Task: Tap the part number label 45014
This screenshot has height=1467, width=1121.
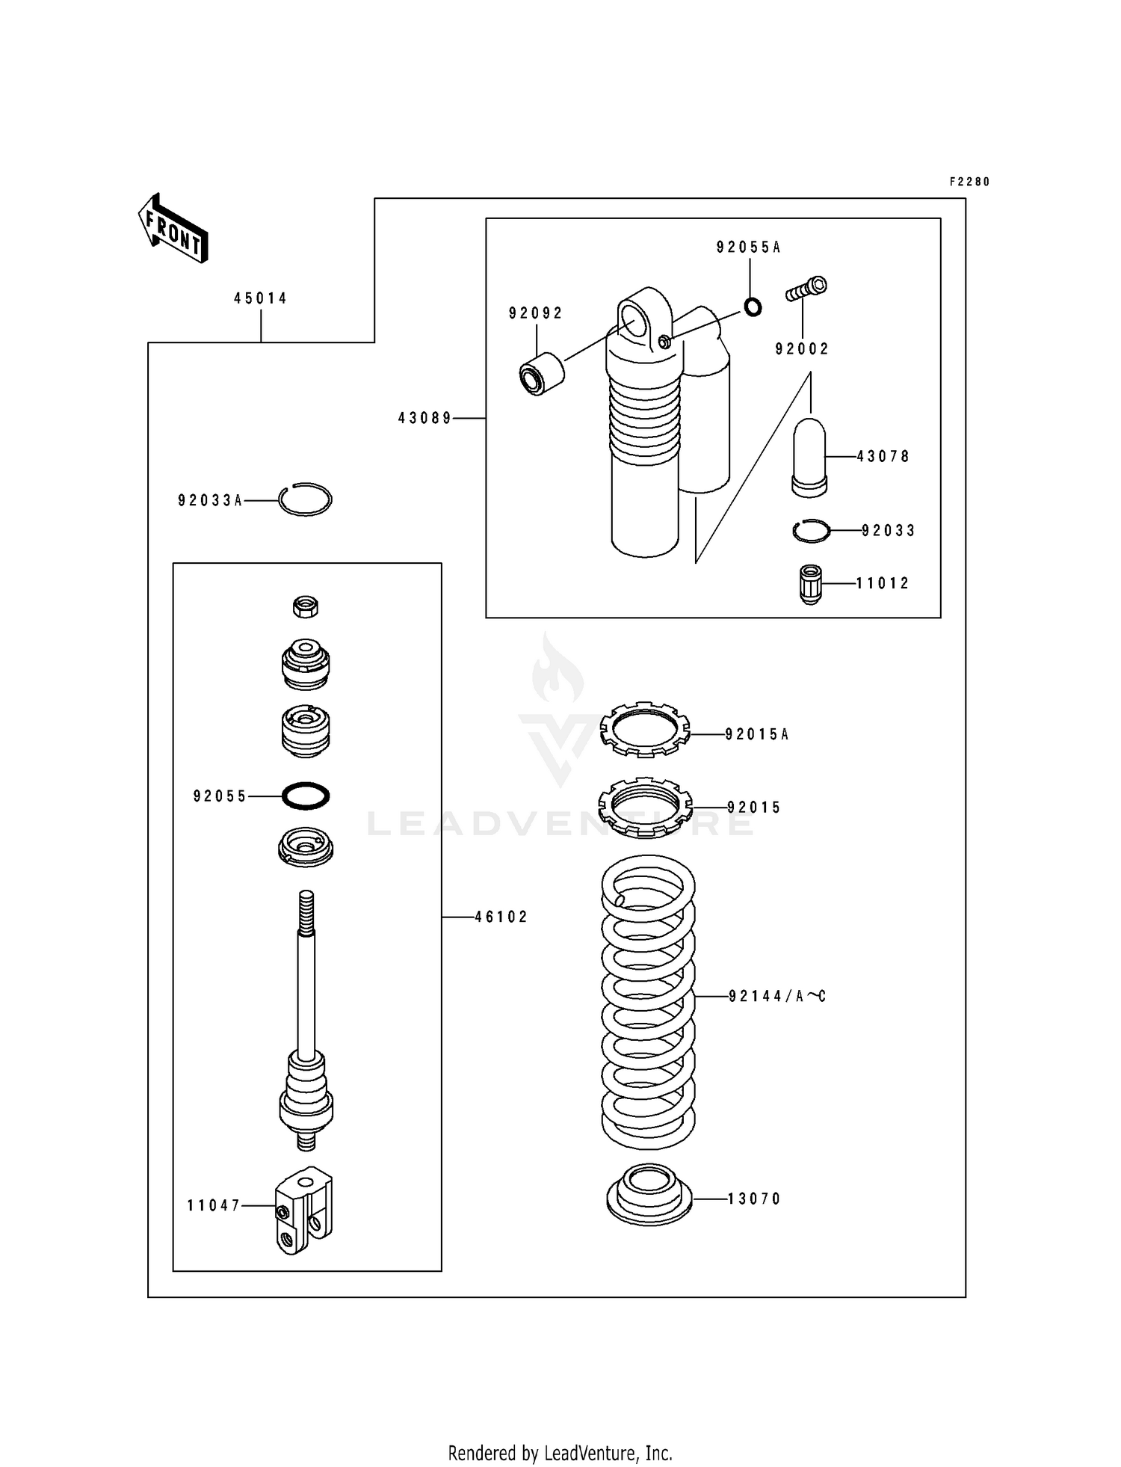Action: [x=260, y=298]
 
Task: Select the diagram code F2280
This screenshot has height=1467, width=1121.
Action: [x=969, y=182]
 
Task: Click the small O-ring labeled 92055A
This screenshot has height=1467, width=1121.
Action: [x=753, y=307]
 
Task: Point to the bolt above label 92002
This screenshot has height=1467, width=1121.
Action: [x=806, y=289]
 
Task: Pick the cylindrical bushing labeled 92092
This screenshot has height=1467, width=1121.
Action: [x=542, y=374]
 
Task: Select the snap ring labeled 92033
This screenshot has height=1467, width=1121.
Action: [x=811, y=531]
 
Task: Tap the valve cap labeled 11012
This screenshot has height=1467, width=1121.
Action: [x=810, y=584]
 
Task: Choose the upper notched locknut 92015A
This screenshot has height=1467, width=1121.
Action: [x=645, y=729]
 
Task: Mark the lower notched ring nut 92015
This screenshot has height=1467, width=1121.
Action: [x=645, y=806]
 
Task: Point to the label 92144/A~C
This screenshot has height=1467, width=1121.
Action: [x=776, y=996]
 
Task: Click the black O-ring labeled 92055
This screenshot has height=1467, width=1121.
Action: [x=306, y=796]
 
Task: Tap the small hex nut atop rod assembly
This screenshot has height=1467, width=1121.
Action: [x=305, y=606]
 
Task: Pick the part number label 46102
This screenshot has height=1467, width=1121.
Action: [x=501, y=917]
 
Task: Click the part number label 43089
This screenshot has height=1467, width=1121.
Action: [x=424, y=419]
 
